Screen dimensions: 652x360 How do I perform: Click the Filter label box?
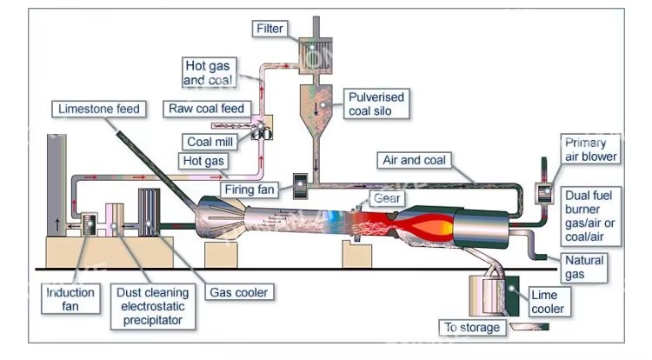point(269,29)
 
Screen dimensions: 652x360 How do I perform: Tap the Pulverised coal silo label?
point(376,104)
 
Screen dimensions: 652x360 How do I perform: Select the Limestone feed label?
point(98,109)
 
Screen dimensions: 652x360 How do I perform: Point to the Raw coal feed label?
point(207,109)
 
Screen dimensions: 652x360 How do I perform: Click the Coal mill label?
point(210,142)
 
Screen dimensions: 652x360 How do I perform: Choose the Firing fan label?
point(249,190)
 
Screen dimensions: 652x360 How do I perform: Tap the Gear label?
point(387,198)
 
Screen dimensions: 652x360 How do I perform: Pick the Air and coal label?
point(414,160)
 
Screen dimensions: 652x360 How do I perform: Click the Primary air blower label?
point(590,150)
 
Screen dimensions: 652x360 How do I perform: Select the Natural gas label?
point(584,267)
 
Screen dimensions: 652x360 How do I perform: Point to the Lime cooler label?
point(549,302)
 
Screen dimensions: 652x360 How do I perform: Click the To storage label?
point(472,328)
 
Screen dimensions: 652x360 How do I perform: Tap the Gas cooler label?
point(239,292)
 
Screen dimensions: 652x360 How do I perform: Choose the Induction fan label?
point(70,299)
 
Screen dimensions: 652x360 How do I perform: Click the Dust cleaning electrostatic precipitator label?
point(153,307)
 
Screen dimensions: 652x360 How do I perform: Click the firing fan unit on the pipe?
point(300,185)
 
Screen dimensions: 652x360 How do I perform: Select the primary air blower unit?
point(544,193)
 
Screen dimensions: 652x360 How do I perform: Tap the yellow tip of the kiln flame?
point(447,227)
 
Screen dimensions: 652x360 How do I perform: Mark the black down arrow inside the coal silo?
point(316,109)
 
